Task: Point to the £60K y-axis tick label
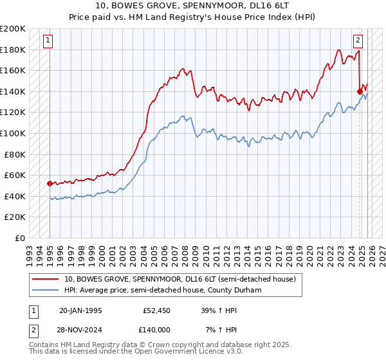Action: (15, 175)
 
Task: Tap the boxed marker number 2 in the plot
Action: (358, 40)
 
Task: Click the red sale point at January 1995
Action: (50, 183)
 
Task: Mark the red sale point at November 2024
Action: (360, 91)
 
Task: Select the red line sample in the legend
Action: (46, 279)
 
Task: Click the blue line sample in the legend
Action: (46, 291)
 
